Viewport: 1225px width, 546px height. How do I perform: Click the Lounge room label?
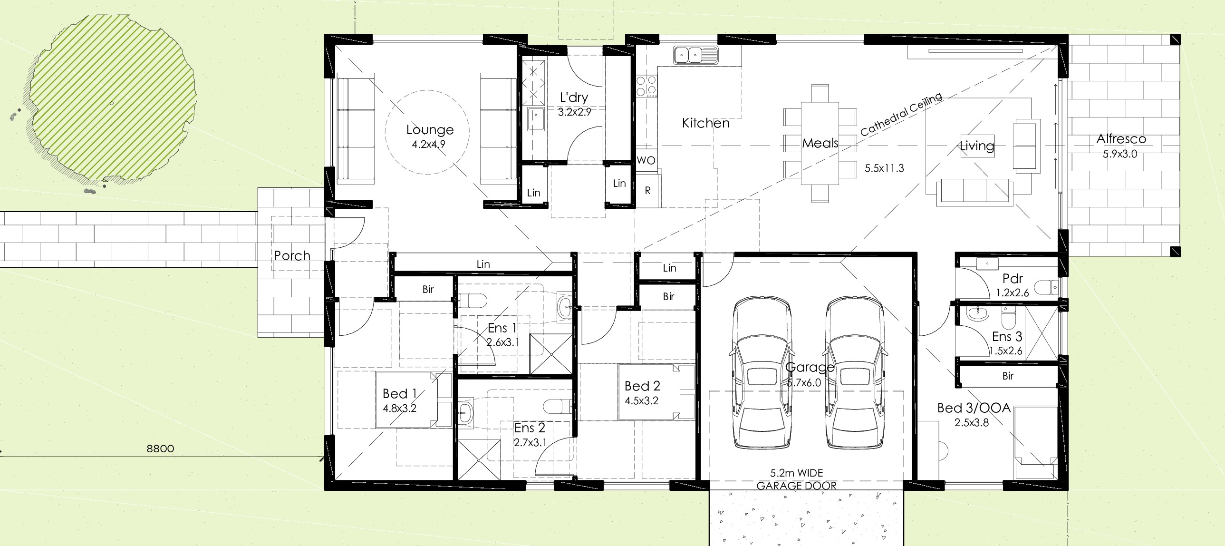pyautogui.click(x=430, y=130)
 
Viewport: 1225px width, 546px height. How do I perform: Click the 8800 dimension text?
pyautogui.click(x=160, y=448)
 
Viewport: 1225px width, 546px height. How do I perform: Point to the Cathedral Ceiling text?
pyautogui.click(x=901, y=115)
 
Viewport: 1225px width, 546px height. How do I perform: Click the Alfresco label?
pyautogui.click(x=1121, y=139)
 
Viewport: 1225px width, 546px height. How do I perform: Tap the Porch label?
pyautogui.click(x=292, y=255)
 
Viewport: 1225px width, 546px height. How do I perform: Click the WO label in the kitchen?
pyautogui.click(x=646, y=160)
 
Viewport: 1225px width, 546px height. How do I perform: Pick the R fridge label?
pyautogui.click(x=647, y=191)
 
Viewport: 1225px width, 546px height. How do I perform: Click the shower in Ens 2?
pyautogui.click(x=480, y=460)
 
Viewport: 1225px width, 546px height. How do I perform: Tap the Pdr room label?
pyautogui.click(x=1013, y=279)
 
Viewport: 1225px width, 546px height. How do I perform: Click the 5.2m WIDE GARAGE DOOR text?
pyautogui.click(x=797, y=479)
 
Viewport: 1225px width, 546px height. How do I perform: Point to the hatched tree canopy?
pyautogui.click(x=112, y=97)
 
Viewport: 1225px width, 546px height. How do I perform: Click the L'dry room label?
pyautogui.click(x=574, y=97)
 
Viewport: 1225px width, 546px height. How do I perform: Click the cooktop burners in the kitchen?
pyautogui.click(x=646, y=87)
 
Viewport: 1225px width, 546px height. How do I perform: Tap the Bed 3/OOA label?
pyautogui.click(x=974, y=408)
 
